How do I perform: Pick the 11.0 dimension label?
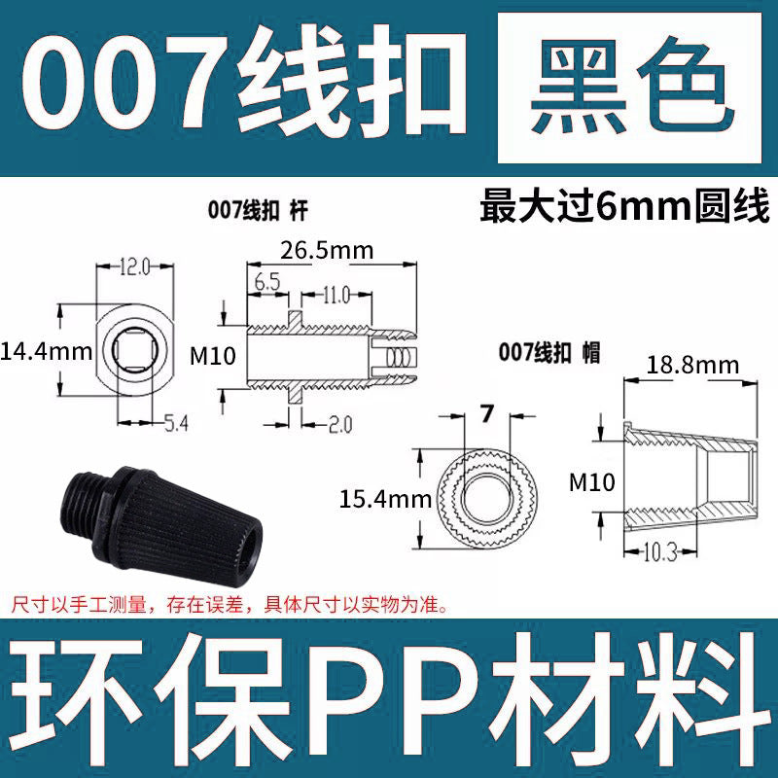pos(336,293)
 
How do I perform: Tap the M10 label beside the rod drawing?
pos(213,356)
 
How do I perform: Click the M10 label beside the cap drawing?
pos(593,482)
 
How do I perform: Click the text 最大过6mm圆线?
pos(624,208)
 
